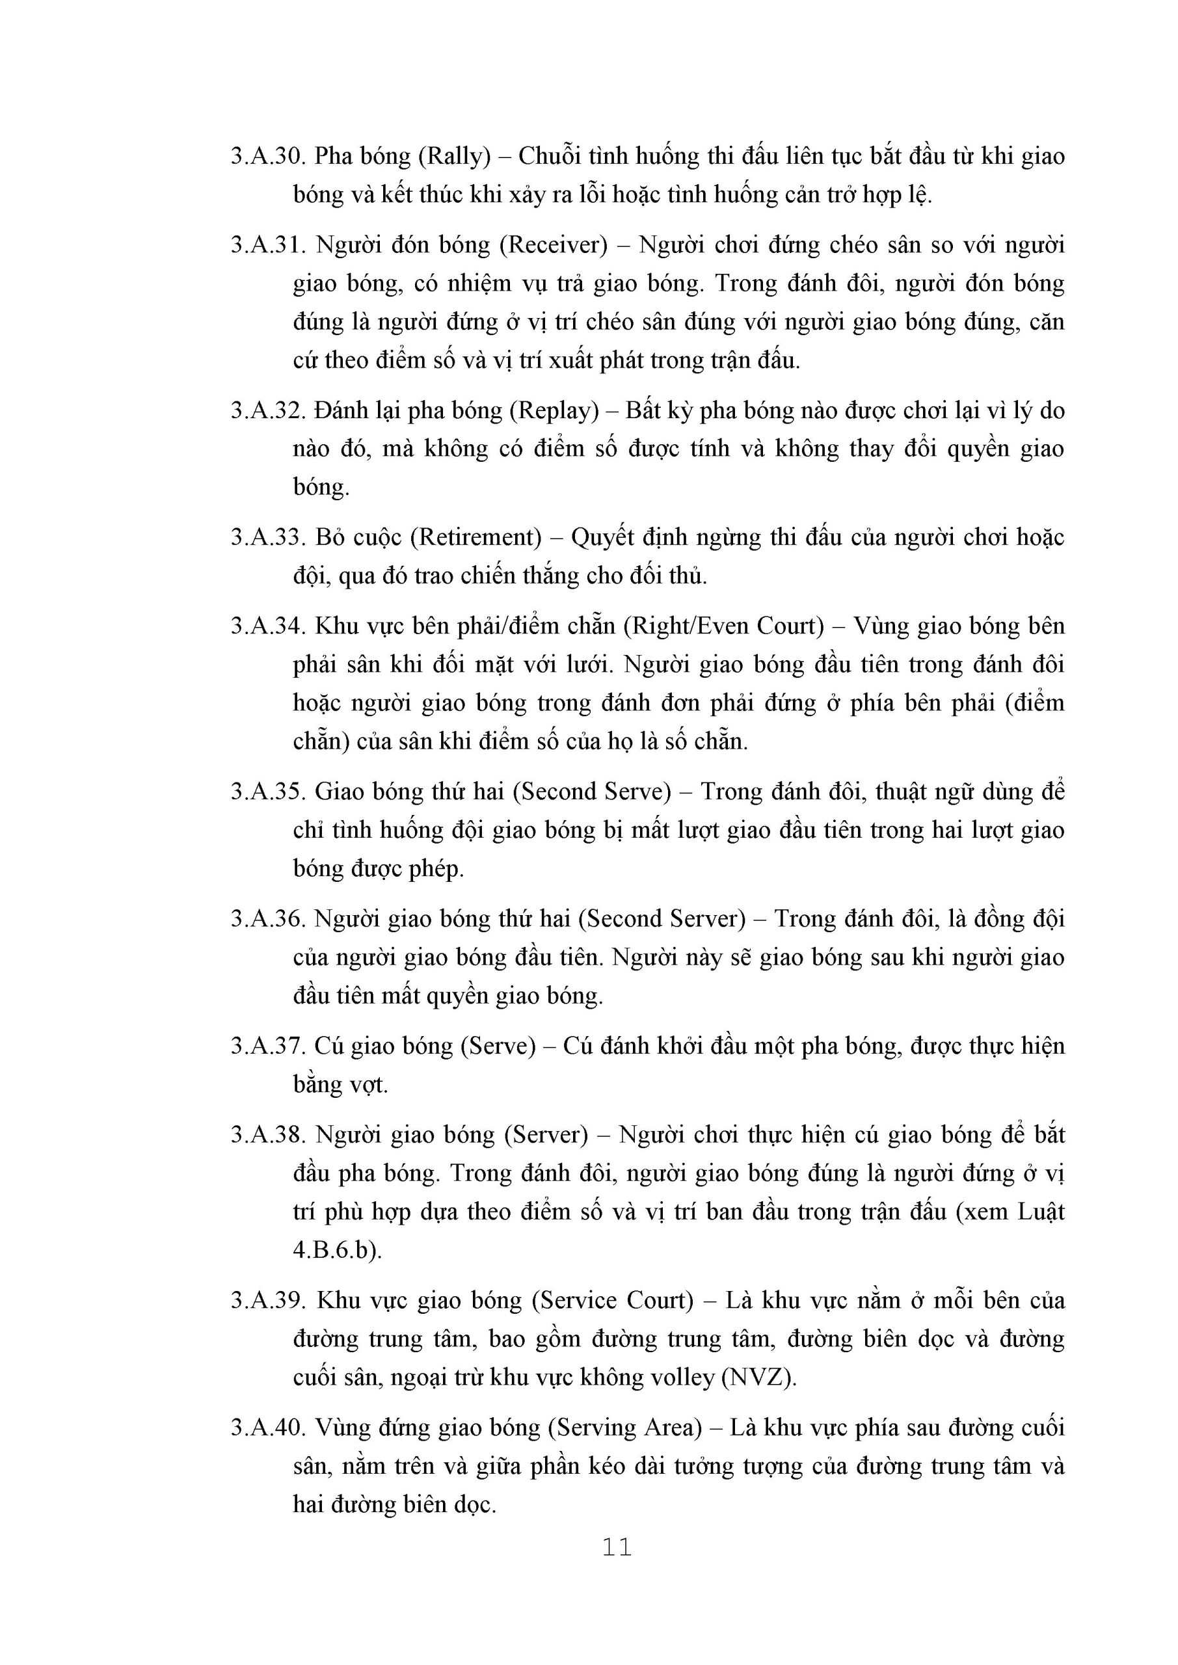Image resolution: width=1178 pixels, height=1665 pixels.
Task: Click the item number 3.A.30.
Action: (x=270, y=156)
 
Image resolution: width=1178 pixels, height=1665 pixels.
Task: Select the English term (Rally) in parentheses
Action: (x=455, y=156)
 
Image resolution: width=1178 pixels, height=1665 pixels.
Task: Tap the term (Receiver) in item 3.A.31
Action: (x=553, y=245)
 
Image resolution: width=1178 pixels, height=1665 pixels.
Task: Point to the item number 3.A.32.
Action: (x=270, y=410)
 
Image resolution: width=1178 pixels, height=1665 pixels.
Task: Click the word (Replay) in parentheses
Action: (x=554, y=410)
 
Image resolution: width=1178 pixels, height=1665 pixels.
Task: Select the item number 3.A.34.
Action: (x=270, y=626)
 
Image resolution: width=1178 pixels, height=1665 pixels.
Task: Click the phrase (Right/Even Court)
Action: (x=724, y=626)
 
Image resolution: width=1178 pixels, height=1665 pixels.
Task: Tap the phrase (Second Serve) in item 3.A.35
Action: (x=592, y=791)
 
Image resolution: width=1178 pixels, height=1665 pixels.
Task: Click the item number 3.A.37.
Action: (x=270, y=1046)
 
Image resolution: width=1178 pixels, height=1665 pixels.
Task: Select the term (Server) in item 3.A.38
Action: (x=546, y=1134)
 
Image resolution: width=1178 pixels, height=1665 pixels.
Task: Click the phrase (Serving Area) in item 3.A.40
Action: (x=625, y=1428)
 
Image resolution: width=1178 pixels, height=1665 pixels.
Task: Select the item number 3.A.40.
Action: (x=270, y=1428)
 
